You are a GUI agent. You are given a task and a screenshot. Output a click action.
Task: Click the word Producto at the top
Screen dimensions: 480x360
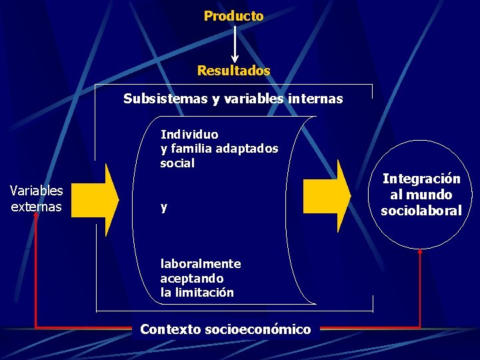tap(233, 15)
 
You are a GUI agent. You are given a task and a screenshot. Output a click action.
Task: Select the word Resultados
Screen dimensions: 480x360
tap(233, 70)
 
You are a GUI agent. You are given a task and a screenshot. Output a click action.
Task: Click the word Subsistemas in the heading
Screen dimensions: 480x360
tap(165, 99)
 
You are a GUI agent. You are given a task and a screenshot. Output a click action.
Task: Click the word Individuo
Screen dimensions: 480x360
tap(189, 134)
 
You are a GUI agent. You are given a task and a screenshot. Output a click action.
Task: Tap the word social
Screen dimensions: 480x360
tap(177, 163)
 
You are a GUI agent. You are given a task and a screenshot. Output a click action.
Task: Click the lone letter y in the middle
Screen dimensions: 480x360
tap(164, 208)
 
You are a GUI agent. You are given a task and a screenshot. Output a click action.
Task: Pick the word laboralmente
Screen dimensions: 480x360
tap(201, 263)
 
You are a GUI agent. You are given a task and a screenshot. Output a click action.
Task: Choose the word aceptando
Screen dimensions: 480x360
tap(192, 278)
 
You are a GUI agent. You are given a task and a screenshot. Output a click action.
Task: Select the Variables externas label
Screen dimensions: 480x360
tap(37, 199)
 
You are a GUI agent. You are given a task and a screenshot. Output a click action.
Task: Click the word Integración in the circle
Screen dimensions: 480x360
tap(421, 179)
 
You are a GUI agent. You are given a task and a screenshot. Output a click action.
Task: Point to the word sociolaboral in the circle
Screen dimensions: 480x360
tap(421, 211)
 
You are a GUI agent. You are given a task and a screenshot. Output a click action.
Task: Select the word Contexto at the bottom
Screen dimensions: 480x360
tap(171, 329)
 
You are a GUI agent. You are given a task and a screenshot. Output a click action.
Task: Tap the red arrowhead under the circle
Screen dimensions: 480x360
tap(420, 251)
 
